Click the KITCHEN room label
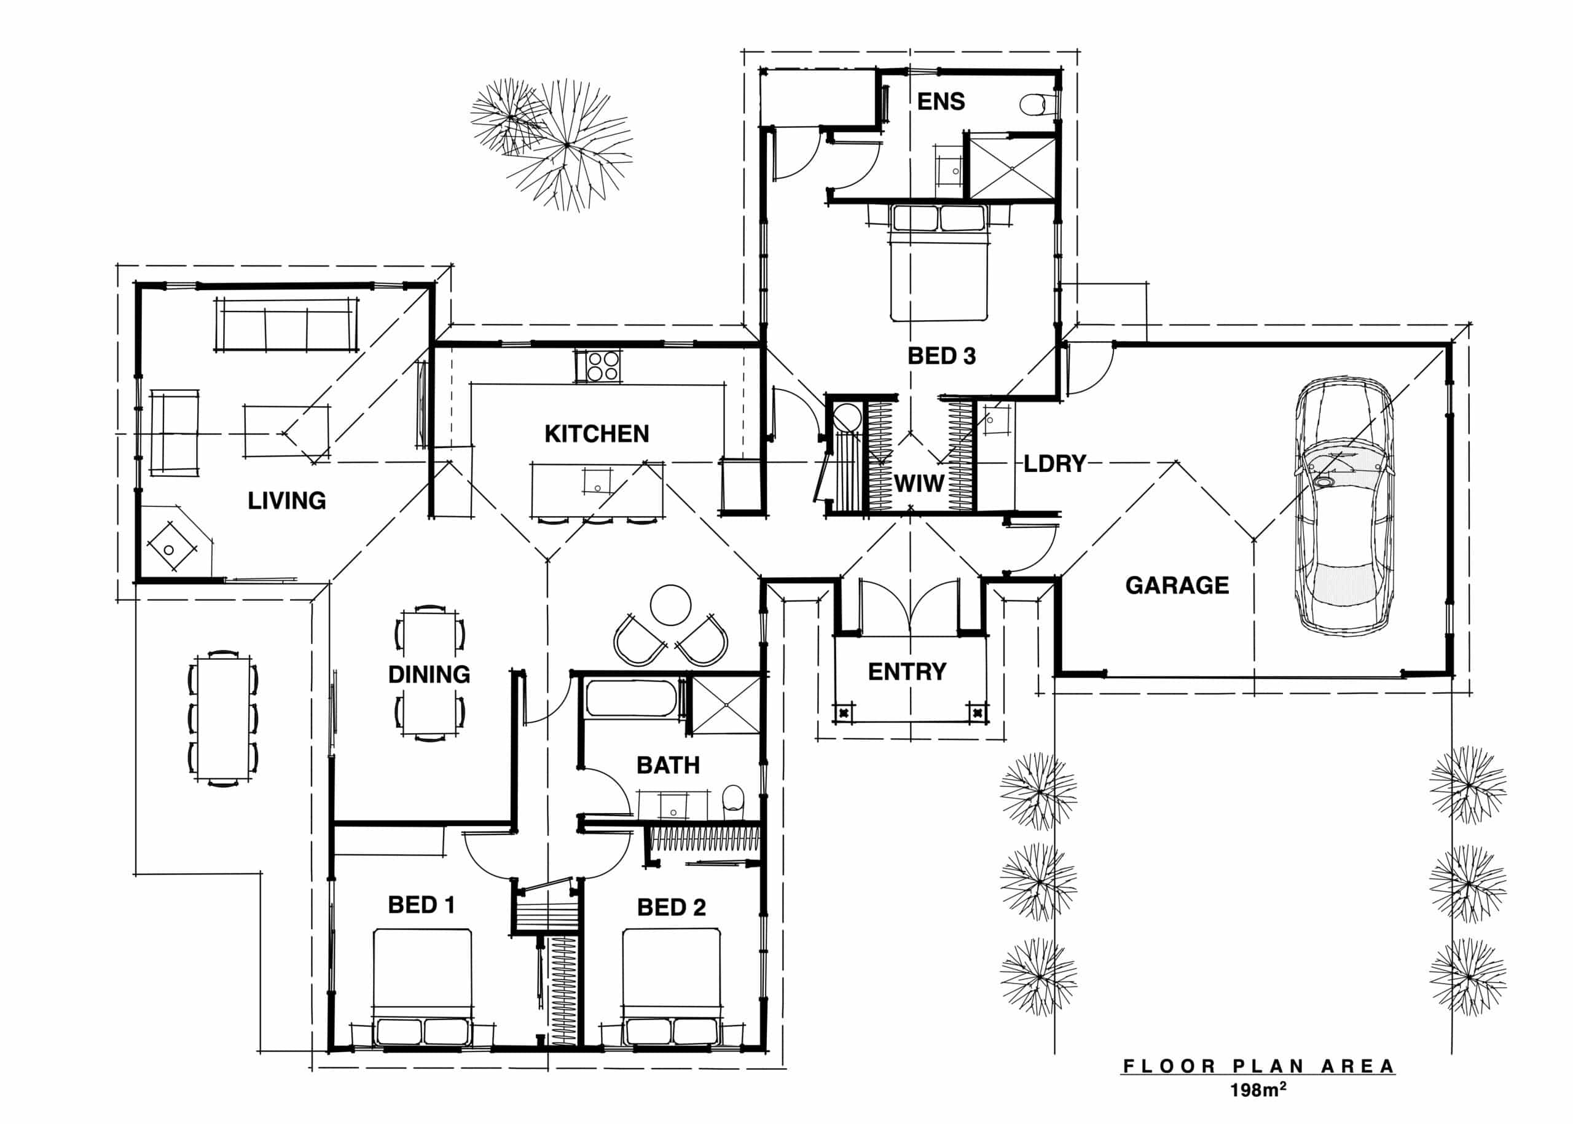pyautogui.click(x=597, y=434)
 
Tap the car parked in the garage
pyautogui.click(x=1343, y=506)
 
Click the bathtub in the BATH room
pyautogui.click(x=630, y=698)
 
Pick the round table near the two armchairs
pyautogui.click(x=670, y=605)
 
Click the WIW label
pyautogui.click(x=919, y=483)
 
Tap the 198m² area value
pyautogui.click(x=1257, y=1091)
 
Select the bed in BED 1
pyautogui.click(x=422, y=986)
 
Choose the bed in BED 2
pyautogui.click(x=671, y=986)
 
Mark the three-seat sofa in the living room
pyautogui.click(x=286, y=324)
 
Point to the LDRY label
pyautogui.click(x=1054, y=464)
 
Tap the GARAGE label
pyautogui.click(x=1177, y=586)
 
